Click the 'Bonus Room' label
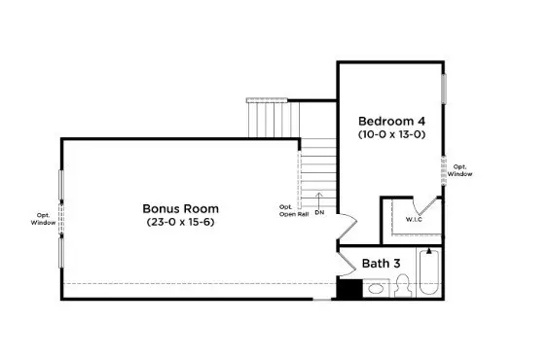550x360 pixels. (x=180, y=208)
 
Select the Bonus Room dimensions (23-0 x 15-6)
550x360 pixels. (x=180, y=223)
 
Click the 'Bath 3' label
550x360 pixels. (x=381, y=263)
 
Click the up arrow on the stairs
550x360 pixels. (x=319, y=198)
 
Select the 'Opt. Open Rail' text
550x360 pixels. (x=287, y=210)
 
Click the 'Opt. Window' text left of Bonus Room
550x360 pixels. (x=44, y=219)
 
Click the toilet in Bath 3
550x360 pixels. (x=404, y=285)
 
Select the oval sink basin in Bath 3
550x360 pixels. (x=377, y=288)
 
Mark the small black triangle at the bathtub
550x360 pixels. (x=428, y=252)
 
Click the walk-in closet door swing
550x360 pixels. (x=425, y=206)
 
